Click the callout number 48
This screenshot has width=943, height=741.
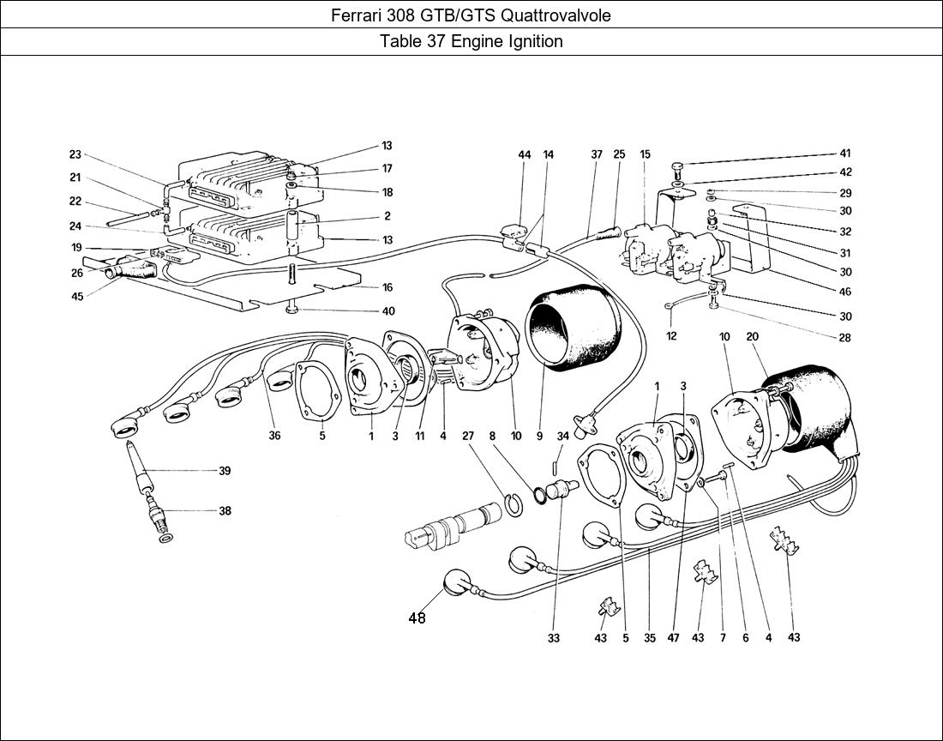[417, 618]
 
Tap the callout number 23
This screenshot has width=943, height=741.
[75, 155]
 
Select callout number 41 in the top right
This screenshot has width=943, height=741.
[844, 154]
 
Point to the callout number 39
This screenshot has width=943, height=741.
[225, 471]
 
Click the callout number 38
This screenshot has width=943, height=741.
[225, 511]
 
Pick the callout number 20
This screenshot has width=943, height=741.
[753, 337]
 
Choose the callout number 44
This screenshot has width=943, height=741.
[525, 155]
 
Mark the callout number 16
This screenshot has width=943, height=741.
[387, 288]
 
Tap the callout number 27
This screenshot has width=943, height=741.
[468, 436]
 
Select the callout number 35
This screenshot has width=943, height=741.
[649, 638]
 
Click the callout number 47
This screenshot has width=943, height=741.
[674, 638]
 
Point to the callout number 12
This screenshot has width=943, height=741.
[671, 336]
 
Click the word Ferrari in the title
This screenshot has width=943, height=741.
[356, 15]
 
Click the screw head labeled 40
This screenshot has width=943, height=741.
[293, 309]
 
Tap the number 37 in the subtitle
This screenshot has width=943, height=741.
[432, 41]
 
